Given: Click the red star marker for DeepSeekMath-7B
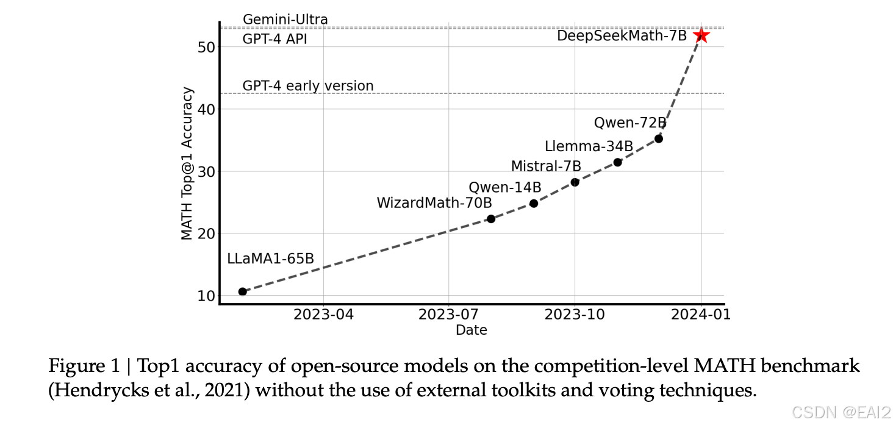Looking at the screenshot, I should tap(701, 36).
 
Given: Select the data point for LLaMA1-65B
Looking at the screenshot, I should tap(242, 291).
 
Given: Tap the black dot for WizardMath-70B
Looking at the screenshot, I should tap(491, 219).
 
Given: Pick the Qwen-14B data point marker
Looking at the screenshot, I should tap(534, 203).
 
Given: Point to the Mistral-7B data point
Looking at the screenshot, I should tap(575, 182).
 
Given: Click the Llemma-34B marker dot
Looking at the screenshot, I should tap(617, 162).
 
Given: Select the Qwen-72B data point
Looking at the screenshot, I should tap(659, 138).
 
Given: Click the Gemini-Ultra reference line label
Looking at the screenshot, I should tap(285, 20).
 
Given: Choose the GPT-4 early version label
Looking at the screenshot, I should tap(308, 86).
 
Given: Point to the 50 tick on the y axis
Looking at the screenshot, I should tap(206, 47).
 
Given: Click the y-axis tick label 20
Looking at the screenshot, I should tap(206, 234).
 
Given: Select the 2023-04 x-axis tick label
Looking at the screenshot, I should tap(323, 315).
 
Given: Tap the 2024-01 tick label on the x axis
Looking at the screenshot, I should tap(701, 315).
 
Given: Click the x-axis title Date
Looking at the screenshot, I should tap(471, 330).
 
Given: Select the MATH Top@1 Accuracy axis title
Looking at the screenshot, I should tap(187, 163).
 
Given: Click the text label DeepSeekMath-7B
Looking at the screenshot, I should tap(622, 36).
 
